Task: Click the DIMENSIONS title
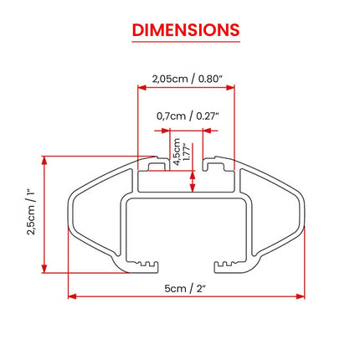point(186,30)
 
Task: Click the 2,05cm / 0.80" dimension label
point(187,79)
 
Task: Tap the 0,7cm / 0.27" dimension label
point(187,116)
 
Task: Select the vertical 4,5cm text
point(177,152)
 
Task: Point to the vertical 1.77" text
point(187,152)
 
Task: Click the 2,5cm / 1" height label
point(31,213)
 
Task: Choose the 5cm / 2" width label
point(185,288)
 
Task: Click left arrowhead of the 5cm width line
point(72,296)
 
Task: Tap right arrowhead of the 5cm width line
point(301,296)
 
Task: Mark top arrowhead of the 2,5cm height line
point(44,160)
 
